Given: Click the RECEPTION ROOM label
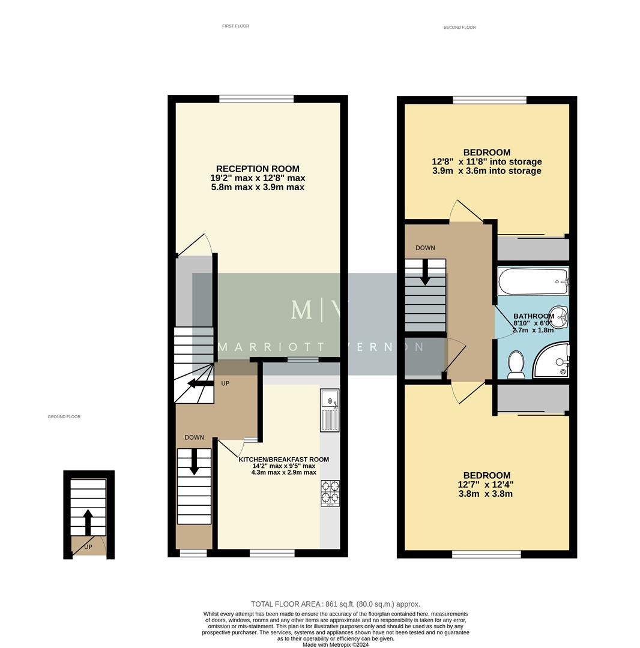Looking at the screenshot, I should pyautogui.click(x=258, y=169).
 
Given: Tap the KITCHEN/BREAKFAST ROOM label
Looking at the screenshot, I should pyautogui.click(x=283, y=460).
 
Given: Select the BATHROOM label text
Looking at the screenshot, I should pyautogui.click(x=533, y=316).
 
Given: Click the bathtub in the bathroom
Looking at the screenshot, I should pyautogui.click(x=532, y=281).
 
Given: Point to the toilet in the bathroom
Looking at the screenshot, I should pyautogui.click(x=516, y=365).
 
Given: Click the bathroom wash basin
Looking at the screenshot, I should pyautogui.click(x=560, y=316).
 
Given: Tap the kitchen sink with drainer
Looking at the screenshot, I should pyautogui.click(x=330, y=410).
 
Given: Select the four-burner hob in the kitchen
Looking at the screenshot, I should pyautogui.click(x=330, y=493).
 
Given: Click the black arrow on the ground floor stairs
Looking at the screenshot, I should pyautogui.click(x=88, y=522).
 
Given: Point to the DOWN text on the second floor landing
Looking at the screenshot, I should pyautogui.click(x=425, y=248).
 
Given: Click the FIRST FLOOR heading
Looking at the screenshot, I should pyautogui.click(x=235, y=26).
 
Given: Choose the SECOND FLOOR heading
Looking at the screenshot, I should pyautogui.click(x=459, y=28).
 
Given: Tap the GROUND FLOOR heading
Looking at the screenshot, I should pyautogui.click(x=64, y=416).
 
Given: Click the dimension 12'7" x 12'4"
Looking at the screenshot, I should pyautogui.click(x=485, y=485).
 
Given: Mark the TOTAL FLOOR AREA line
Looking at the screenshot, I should pyautogui.click(x=335, y=604).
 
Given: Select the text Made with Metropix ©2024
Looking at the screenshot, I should pyautogui.click(x=335, y=645).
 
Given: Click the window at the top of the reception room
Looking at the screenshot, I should pyautogui.click(x=256, y=99).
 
